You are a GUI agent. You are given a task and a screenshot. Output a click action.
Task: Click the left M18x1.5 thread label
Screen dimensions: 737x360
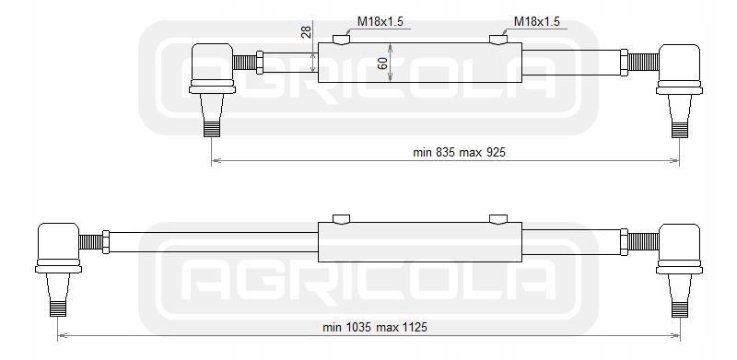tap(380, 21)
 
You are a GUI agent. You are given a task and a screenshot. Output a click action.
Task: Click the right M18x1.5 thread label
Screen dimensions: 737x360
tap(537, 21)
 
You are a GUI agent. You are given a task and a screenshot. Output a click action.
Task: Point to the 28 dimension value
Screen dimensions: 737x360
tap(306, 32)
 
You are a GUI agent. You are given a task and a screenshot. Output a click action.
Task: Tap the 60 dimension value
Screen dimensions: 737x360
tap(382, 63)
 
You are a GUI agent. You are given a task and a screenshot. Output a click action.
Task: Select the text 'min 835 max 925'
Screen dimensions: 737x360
tap(459, 152)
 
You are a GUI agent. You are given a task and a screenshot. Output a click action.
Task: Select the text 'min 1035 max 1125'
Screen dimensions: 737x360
tap(375, 327)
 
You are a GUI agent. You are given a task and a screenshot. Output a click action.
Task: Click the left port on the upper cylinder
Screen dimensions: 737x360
tap(341, 40)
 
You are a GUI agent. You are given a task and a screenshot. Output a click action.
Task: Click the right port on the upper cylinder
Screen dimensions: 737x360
tap(497, 40)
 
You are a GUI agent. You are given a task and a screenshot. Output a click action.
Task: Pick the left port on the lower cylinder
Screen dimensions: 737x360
tap(341, 219)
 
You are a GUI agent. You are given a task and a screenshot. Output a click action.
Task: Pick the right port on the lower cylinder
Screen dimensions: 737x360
tap(497, 219)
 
